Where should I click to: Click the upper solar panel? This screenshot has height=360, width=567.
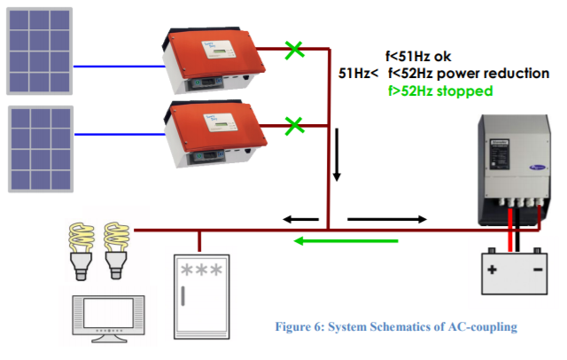41,51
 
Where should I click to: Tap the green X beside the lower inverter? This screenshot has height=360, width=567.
293,123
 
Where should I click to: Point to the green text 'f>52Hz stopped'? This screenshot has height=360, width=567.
439,91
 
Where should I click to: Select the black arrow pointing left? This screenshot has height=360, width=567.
299,218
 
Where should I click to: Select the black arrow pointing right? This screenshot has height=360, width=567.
386,218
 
